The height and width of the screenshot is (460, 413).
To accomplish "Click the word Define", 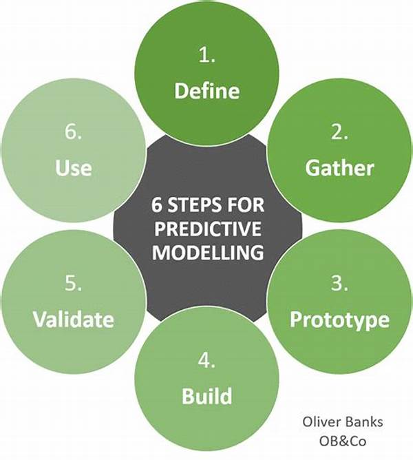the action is coord(206,90).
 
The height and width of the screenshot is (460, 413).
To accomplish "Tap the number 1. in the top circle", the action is coord(206,54).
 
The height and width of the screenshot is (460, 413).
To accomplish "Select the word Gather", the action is coord(339,168).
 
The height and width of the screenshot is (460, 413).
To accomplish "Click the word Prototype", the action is coord(339,320).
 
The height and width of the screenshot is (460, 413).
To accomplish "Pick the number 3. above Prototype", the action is coord(339,283).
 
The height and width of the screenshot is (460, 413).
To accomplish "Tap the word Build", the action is coord(206,395).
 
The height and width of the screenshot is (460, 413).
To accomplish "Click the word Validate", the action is coord(74,319).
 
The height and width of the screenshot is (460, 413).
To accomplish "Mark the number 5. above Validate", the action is coord(73,283).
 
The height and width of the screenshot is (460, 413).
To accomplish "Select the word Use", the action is coord(74,168).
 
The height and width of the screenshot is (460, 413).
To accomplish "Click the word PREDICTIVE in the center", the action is coord(208,229).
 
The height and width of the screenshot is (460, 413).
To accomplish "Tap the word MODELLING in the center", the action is coord(208,252).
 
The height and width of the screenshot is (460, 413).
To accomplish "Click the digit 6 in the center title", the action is coord(157,205).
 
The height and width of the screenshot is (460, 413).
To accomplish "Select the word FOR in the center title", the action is coord(246,205).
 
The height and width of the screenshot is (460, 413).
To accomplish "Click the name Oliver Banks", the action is coord(343,422).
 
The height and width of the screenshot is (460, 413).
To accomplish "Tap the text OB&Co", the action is coord(343,441).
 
